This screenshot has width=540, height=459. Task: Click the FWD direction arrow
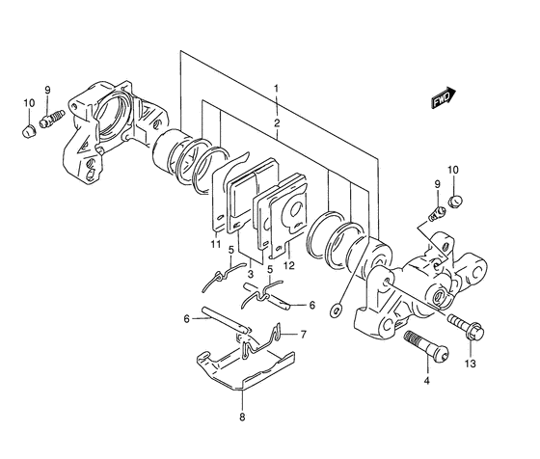point(444,97)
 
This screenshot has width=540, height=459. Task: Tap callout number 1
point(276,89)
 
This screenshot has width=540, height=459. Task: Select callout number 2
point(277,122)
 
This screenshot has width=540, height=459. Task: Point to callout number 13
point(471,363)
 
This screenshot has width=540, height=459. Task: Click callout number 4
point(426,381)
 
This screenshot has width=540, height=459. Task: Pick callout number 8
point(242,418)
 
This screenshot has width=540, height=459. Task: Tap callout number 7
point(303,335)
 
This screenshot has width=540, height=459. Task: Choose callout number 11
point(216,244)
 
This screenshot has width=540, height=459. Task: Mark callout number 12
point(289,265)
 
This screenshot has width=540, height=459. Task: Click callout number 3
point(251,275)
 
